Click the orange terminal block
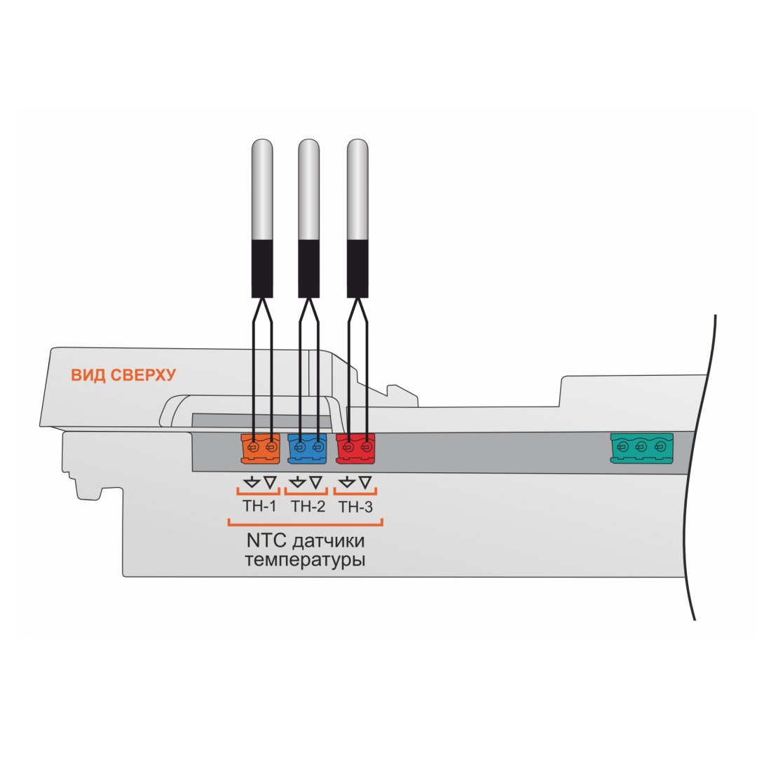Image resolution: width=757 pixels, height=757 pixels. click(261, 449)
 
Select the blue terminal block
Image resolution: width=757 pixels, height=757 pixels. click(308, 449)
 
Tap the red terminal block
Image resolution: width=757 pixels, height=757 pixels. click(355, 449)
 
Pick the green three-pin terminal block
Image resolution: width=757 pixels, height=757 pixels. click(641, 449)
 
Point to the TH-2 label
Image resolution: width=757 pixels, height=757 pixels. click(308, 506)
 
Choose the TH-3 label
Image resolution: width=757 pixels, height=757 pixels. click(355, 507)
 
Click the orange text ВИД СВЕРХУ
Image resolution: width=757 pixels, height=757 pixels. click(123, 375)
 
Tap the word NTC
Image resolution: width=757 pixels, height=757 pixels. click(264, 543)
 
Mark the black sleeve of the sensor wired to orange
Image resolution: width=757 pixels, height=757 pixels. click(262, 268)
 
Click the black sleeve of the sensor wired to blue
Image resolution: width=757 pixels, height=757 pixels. click(309, 268)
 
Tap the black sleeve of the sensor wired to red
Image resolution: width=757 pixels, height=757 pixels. click(357, 268)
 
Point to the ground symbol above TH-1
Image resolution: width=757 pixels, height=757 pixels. click(252, 482)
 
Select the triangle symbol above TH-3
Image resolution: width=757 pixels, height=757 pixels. click(365, 482)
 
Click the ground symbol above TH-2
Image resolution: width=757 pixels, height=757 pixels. click(298, 482)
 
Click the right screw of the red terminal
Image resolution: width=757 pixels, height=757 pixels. click(365, 446)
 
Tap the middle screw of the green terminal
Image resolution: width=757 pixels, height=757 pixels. click(641, 446)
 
